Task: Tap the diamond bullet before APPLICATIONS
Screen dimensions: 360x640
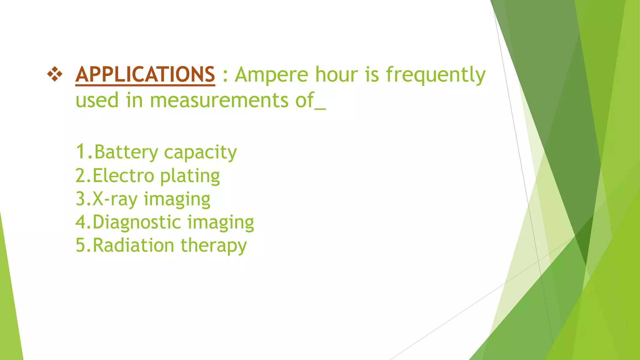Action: pyautogui.click(x=55, y=74)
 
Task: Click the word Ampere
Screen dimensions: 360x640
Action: pyautogui.click(x=271, y=75)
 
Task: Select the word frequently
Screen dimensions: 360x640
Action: pyautogui.click(x=436, y=75)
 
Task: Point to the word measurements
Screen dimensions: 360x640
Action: pyautogui.click(x=219, y=101)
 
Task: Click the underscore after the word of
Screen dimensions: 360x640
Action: pyautogui.click(x=320, y=108)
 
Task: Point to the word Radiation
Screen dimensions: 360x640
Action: pyautogui.click(x=133, y=245)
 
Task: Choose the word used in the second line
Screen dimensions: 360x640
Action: pyautogui.click(x=97, y=101)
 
